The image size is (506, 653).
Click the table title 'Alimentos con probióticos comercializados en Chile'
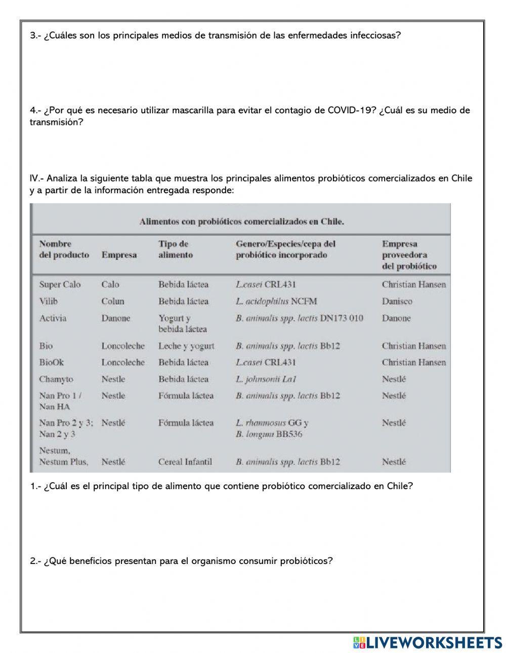point(241,222)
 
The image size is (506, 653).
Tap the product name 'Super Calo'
point(60,284)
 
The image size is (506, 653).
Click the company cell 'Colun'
point(112,301)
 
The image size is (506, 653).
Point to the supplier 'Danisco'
point(397,301)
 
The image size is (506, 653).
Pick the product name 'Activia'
point(53,318)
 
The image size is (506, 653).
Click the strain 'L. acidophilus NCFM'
point(276,301)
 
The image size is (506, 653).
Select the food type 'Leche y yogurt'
point(186,346)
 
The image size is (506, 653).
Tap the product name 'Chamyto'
point(56,379)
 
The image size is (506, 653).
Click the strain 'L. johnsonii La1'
point(266,379)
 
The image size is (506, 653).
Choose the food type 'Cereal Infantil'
point(185,461)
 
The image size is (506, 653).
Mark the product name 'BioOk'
point(52,362)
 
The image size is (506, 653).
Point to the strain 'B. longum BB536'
point(269,434)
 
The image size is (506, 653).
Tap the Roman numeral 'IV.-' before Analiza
point(37,178)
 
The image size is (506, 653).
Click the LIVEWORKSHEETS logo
point(428,642)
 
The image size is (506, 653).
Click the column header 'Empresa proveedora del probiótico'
point(409,255)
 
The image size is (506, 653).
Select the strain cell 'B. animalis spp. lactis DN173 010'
point(299,318)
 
